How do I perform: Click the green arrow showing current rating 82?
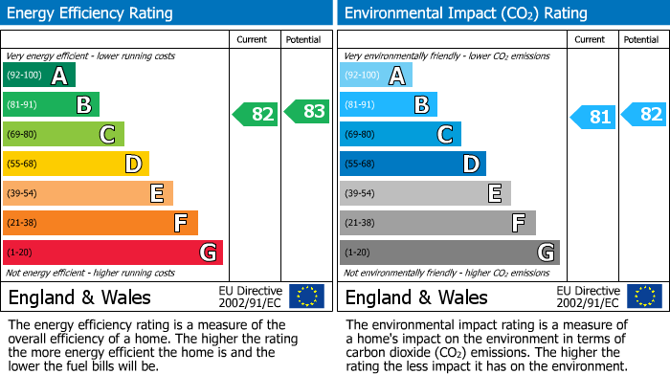(256, 115)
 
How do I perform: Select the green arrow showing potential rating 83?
(306, 111)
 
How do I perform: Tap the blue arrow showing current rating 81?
(592, 118)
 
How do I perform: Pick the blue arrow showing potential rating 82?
(643, 114)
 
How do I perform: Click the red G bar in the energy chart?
(113, 253)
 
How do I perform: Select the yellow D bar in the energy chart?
(76, 164)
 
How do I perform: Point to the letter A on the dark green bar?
(59, 76)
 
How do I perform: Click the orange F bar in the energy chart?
(100, 223)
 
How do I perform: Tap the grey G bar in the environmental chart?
(449, 253)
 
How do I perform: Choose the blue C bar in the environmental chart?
(400, 134)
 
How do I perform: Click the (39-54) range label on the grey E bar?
(360, 194)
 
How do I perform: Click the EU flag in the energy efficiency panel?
(306, 296)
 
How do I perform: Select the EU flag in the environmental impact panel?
(643, 296)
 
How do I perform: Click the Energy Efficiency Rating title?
(91, 13)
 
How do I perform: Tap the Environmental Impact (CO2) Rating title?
(465, 13)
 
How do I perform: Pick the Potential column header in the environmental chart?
(641, 39)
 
